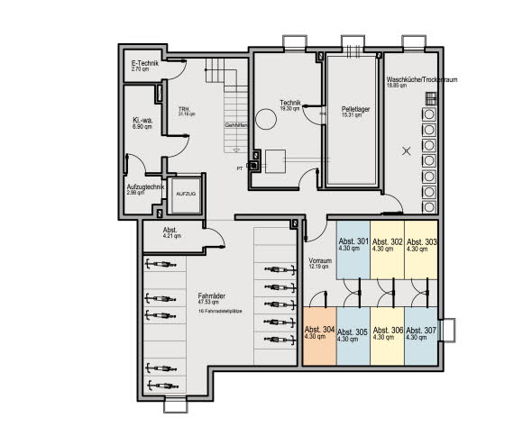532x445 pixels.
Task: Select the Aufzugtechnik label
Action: tap(144, 188)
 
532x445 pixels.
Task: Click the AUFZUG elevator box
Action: tap(186, 194)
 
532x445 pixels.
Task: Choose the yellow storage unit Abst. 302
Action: tap(387, 244)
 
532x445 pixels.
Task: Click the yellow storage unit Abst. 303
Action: tap(421, 244)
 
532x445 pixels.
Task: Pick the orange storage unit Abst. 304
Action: tap(319, 334)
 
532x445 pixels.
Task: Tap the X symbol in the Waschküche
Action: tap(405, 151)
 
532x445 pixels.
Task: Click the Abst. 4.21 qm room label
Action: tap(172, 234)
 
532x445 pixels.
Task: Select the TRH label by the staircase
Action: tap(187, 112)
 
